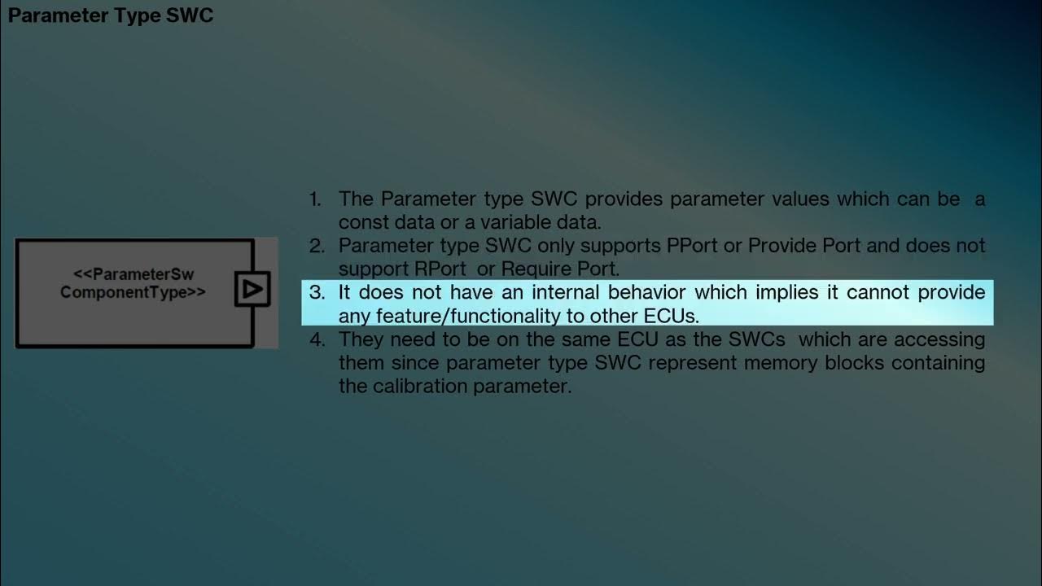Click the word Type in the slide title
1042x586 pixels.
(140, 15)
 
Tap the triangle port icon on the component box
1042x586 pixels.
(252, 289)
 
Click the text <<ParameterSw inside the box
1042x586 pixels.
(134, 275)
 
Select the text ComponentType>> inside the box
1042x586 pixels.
(134, 292)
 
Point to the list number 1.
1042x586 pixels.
(315, 199)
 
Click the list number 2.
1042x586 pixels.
(316, 246)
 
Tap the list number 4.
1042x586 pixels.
(316, 339)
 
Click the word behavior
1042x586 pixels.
(648, 292)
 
